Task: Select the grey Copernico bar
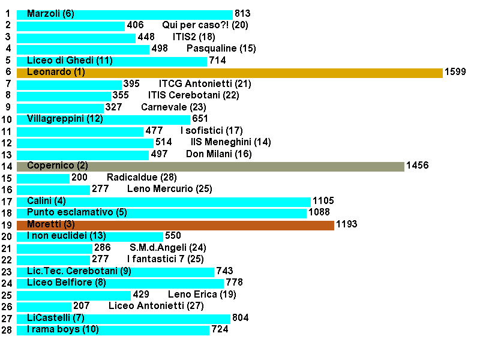coord(211,166)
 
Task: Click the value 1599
coord(455,73)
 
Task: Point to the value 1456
coord(417,166)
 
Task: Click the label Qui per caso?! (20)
coord(205,26)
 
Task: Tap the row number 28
coord(7,331)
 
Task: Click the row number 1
coord(7,14)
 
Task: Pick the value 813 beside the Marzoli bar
coord(242,14)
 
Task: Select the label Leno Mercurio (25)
coord(170,190)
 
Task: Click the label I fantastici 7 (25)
coord(166,260)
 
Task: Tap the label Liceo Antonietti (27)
coord(156,307)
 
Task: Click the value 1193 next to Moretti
coord(346,225)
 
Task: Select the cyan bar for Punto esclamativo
coord(162,213)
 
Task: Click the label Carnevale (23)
coord(173,108)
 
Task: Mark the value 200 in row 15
coord(79,178)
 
